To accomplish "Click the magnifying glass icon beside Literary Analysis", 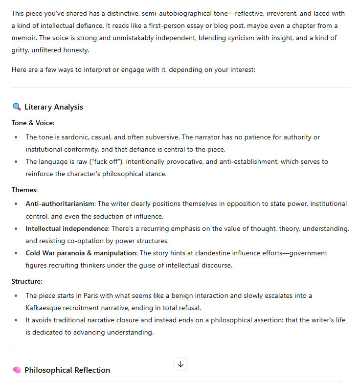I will coord(17,107).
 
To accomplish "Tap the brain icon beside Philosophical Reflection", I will coord(17,370).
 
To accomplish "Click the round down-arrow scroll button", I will coord(180,364).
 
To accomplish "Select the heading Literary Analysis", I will coord(54,107).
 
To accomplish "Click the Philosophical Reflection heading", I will coord(67,370).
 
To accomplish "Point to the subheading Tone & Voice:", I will coord(33,123).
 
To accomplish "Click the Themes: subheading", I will coord(24,189).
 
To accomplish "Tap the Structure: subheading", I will coord(27,281).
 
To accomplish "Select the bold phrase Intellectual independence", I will coord(67,228).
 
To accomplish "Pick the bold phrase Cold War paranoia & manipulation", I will coord(82,253).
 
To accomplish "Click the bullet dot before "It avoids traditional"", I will coord(16,320).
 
